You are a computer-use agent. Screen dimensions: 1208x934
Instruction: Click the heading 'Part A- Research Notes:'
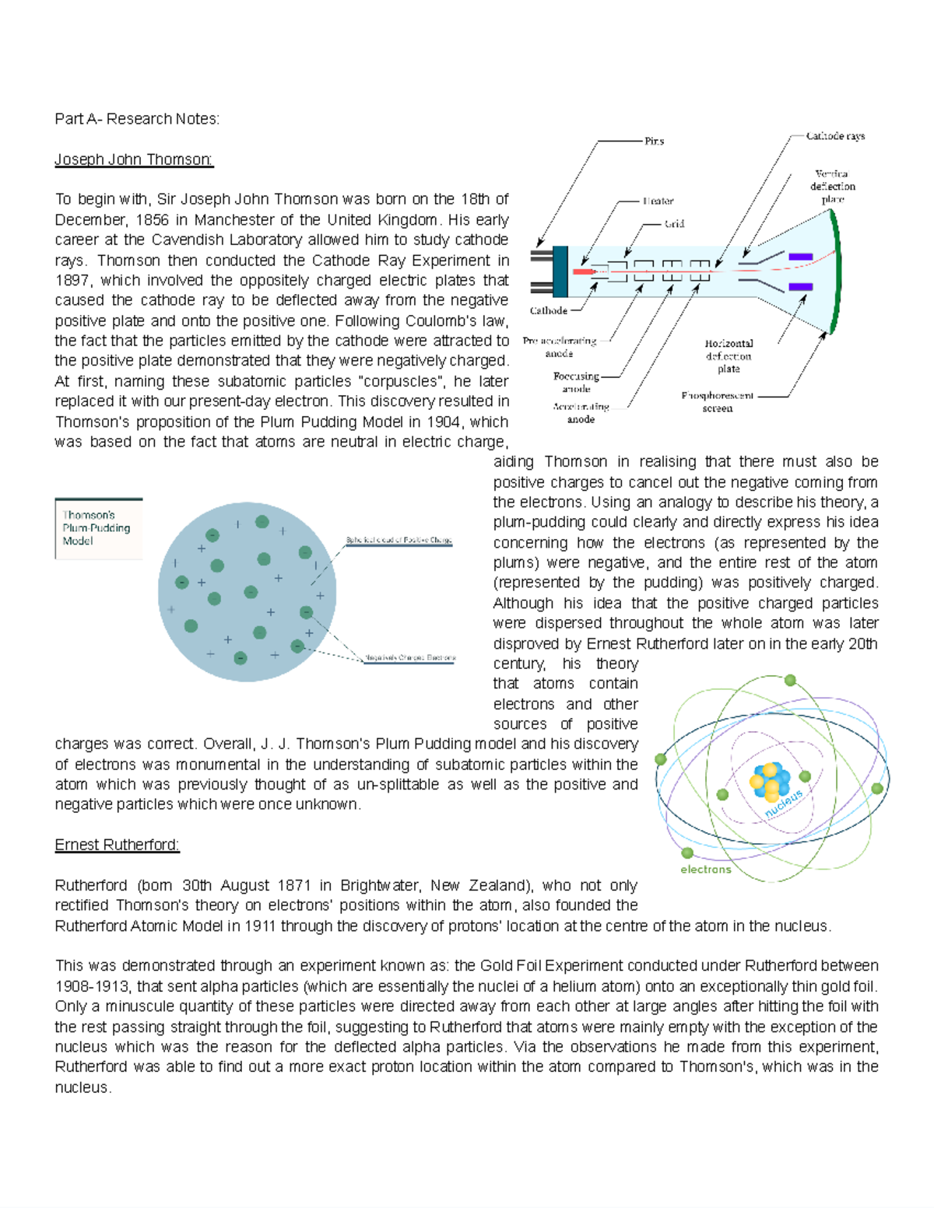point(137,119)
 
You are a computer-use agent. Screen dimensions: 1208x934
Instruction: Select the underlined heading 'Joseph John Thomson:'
point(134,159)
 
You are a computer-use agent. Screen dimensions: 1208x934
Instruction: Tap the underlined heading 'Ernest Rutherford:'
point(117,845)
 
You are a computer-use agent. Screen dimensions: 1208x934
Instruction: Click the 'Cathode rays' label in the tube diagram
point(835,136)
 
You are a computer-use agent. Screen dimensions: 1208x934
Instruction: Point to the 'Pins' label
point(654,142)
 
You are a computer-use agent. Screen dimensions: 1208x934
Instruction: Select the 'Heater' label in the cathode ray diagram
point(658,201)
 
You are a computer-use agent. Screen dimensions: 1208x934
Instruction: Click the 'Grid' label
point(673,224)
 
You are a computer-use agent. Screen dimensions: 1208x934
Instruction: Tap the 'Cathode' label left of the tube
point(549,310)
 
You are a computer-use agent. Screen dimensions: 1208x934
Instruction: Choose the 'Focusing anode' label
point(577,382)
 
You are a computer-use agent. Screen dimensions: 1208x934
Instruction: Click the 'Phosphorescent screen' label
point(718,401)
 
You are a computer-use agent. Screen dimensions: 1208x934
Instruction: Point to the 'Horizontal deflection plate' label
point(729,355)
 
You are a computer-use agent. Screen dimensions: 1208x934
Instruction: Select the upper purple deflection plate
point(800,257)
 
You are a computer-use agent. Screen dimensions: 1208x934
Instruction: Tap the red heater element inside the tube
point(582,271)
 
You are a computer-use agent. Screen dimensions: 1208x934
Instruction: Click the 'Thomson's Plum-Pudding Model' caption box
point(98,528)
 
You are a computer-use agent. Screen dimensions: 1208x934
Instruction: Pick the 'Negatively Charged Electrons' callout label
point(409,658)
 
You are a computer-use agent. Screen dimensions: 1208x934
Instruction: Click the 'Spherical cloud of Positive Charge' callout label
point(399,540)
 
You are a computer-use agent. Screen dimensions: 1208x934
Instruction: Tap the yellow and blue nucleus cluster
point(771,781)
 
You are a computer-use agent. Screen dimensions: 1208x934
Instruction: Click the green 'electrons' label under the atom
point(706,869)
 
